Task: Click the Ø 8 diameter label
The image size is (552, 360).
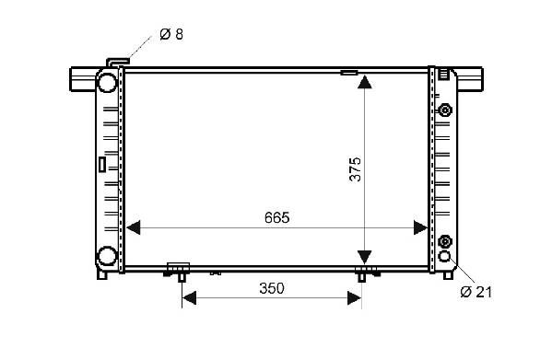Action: tap(171, 34)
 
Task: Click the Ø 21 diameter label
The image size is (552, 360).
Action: tap(476, 292)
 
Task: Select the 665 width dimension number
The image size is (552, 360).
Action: tap(277, 218)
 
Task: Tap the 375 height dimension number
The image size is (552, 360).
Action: tap(355, 169)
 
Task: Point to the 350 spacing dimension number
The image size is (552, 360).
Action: tap(272, 288)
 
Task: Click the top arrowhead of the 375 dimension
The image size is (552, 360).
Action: tap(364, 82)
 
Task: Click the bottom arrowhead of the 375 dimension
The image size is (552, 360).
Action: tap(364, 257)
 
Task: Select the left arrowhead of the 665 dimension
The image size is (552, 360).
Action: tap(133, 227)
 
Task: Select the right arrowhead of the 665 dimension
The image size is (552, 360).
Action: tap(421, 227)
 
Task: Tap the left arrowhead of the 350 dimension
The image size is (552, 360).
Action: tap(189, 298)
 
